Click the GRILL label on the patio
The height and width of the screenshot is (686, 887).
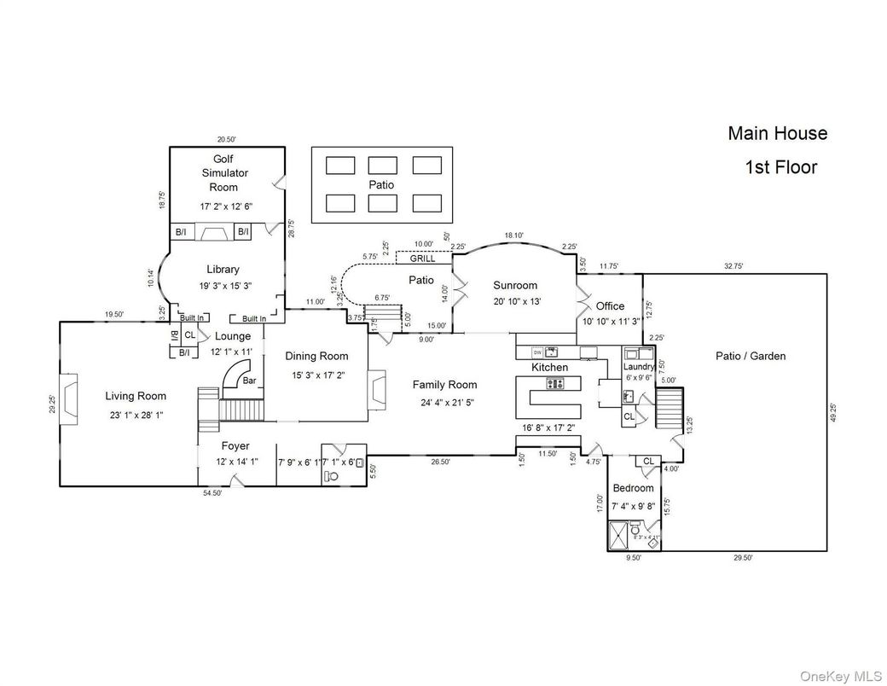coord(423,259)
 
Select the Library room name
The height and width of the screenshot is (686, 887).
coord(223,270)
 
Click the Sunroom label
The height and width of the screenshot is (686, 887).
coord(515,286)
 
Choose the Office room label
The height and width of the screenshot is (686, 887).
coord(610,305)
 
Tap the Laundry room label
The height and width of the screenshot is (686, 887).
coord(639,367)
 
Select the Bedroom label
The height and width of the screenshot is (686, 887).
coord(634,488)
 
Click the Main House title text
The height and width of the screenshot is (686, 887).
coord(777,133)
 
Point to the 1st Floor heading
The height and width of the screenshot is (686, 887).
coord(781,167)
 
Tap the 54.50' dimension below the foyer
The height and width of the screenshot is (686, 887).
coord(213,493)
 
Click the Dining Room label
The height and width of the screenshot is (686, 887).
coord(317,356)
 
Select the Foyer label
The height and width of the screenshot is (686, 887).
coord(235,445)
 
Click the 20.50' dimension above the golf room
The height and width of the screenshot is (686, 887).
coord(226,139)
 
